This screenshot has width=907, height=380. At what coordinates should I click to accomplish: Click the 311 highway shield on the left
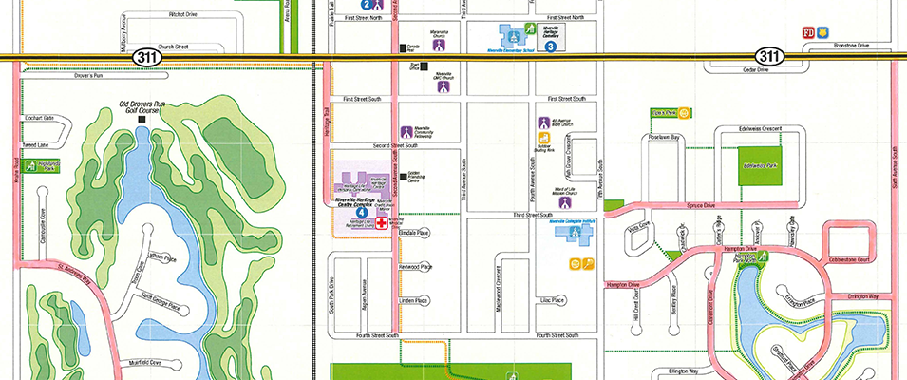(146, 57)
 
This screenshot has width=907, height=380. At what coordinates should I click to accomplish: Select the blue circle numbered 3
(550, 45)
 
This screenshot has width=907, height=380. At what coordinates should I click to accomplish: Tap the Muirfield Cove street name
(141, 362)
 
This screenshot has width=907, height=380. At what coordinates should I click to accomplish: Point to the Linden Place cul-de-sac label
(414, 300)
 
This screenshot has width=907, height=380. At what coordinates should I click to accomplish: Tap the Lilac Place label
(552, 300)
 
